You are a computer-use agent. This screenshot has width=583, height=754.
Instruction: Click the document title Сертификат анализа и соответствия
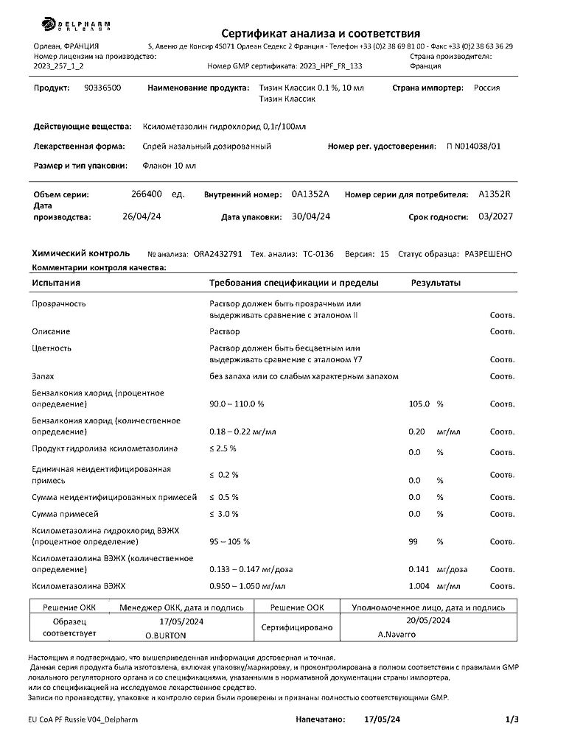tap(321, 33)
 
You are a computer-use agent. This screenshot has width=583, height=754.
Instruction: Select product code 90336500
tap(103, 88)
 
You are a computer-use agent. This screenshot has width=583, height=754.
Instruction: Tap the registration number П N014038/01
tap(473, 147)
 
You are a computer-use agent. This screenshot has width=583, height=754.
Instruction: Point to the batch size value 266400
tap(146, 195)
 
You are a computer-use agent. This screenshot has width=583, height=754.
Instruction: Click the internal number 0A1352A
tap(310, 195)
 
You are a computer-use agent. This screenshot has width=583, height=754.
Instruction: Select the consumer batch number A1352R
tap(494, 195)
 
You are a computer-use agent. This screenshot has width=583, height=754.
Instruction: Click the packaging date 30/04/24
tap(310, 216)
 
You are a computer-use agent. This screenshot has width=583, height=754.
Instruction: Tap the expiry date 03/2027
tap(495, 216)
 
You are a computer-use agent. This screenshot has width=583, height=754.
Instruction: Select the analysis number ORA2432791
tap(217, 254)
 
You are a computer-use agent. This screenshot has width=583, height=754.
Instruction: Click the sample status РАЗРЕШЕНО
tap(488, 254)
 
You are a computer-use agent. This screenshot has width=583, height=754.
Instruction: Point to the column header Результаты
tap(436, 283)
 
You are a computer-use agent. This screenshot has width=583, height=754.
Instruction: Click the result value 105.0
tap(419, 404)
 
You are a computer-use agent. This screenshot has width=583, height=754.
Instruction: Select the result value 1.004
tap(419, 587)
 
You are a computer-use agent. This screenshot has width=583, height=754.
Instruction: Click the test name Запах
tap(43, 376)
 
